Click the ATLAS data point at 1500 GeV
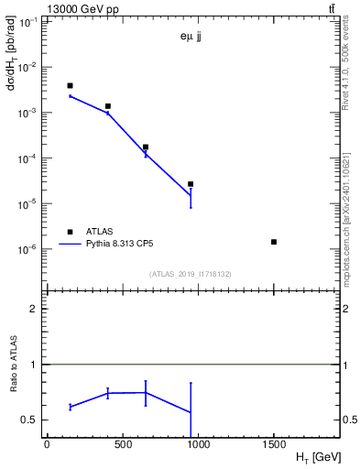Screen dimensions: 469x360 coord(274,242)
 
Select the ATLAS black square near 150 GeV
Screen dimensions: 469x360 coord(70,86)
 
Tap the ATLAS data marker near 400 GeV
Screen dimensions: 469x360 coord(107,106)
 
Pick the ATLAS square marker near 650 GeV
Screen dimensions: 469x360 coord(146,147)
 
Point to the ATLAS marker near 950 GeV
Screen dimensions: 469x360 coord(191,184)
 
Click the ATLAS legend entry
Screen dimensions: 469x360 coord(97,232)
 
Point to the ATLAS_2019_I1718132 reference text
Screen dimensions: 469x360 coord(191,273)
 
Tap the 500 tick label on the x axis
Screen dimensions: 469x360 coord(122,444)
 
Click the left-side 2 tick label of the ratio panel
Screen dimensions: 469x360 coord(36,310)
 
